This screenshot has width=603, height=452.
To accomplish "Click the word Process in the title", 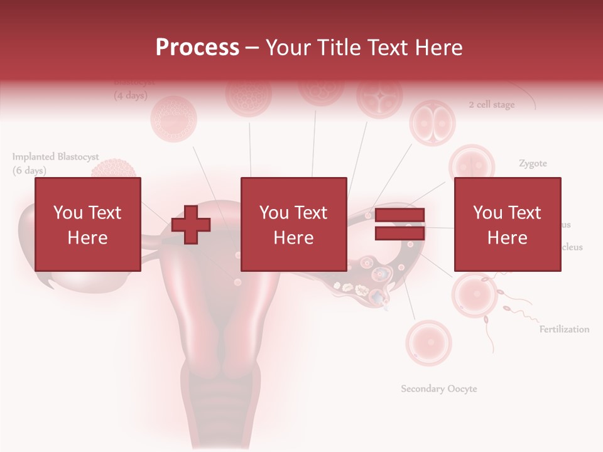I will (x=197, y=47).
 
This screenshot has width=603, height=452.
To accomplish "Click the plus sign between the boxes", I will (x=191, y=224).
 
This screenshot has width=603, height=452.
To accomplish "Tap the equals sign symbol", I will (x=399, y=224).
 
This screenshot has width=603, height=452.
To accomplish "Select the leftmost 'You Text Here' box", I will (x=87, y=224).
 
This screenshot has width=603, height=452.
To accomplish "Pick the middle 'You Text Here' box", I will (x=293, y=224).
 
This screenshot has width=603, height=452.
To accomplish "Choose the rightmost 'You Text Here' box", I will (x=507, y=224).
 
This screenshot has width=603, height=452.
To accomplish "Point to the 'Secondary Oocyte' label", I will (x=439, y=389).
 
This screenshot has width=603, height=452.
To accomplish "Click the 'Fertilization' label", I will (x=564, y=329).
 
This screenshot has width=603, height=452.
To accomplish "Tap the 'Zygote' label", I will (x=533, y=163).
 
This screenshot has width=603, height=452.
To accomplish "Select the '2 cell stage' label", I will (x=491, y=105).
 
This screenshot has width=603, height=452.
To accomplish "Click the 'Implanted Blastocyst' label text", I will (x=55, y=157).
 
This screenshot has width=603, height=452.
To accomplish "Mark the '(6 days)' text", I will (x=29, y=170).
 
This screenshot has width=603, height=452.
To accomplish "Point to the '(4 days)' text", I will (x=130, y=96).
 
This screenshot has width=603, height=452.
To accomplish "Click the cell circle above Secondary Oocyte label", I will (x=428, y=343).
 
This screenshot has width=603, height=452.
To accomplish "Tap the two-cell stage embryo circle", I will (x=432, y=122).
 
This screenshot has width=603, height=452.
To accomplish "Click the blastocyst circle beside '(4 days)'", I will (x=173, y=118).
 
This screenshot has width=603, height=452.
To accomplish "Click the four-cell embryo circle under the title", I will (x=379, y=95).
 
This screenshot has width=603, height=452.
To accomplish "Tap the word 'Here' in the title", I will (x=438, y=47).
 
